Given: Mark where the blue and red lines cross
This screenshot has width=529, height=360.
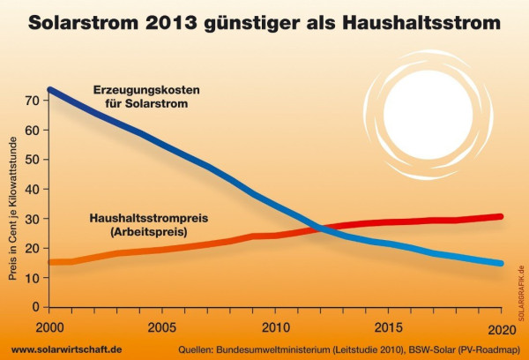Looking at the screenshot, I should tap(319, 229).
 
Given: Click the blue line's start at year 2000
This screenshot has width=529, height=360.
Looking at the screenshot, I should tap(49, 90).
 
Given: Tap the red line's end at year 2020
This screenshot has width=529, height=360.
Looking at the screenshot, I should tap(501, 216).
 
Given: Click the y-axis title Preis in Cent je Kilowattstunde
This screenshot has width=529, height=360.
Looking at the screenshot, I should tap(12, 207).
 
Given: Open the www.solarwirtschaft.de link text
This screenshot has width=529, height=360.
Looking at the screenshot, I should tap(67, 349).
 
